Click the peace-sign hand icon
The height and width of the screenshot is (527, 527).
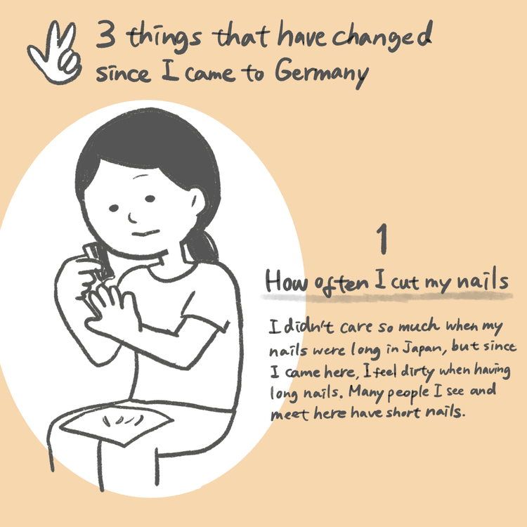tap(55, 53)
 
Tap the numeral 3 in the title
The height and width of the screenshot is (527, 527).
tap(106, 34)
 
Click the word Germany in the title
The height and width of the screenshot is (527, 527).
tap(322, 72)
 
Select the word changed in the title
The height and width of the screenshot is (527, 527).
tap(382, 36)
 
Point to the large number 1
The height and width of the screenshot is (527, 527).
tap(382, 239)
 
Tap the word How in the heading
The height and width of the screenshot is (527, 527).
tap(287, 282)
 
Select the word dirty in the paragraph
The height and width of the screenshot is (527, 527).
tap(418, 372)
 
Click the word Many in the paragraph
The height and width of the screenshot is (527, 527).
tap(366, 392)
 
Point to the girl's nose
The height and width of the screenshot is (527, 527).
tap(132, 218)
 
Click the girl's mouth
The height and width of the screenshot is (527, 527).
tap(145, 233)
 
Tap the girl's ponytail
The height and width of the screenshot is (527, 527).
tap(202, 245)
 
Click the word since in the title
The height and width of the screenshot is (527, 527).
tap(123, 73)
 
